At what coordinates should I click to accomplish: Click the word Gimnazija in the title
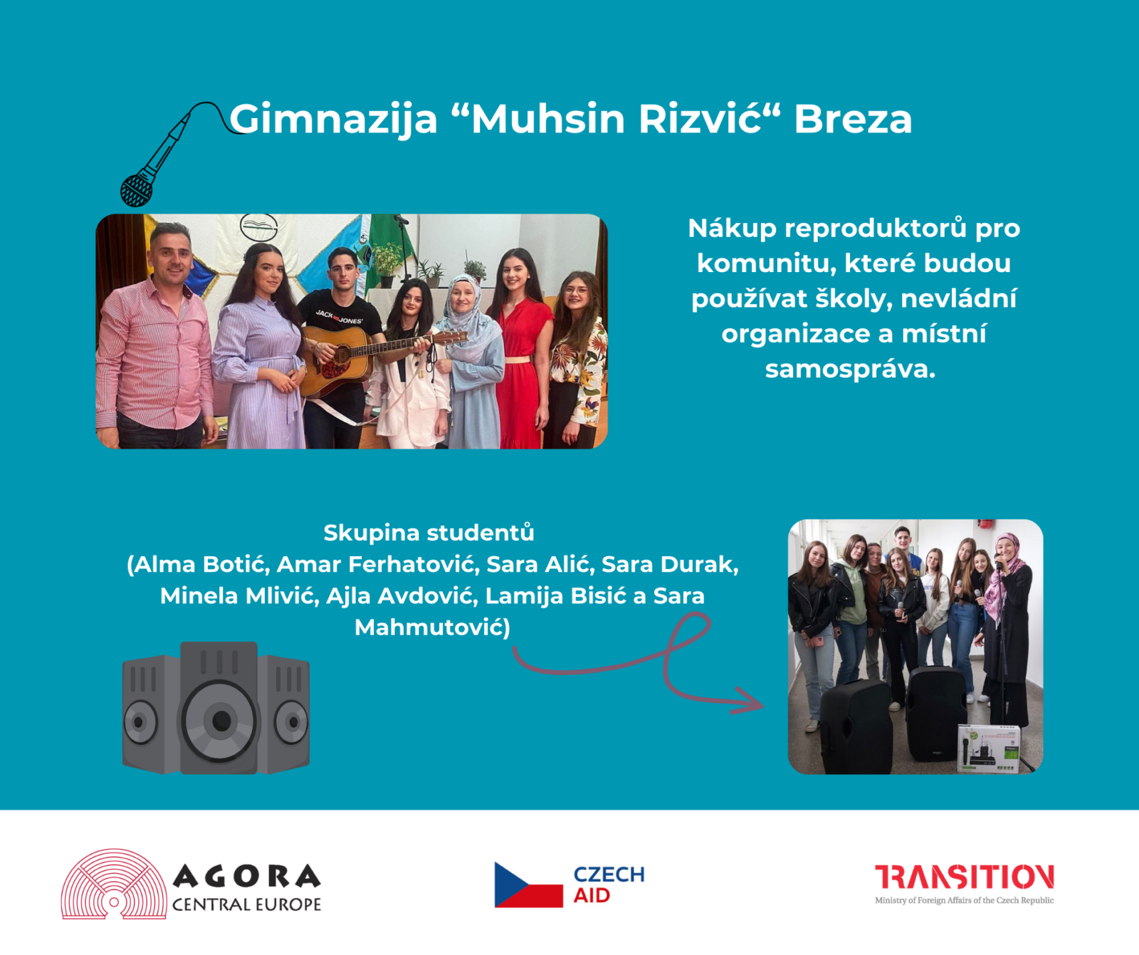333,119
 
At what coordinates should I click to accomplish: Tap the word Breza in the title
853,118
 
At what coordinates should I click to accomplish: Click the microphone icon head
136,189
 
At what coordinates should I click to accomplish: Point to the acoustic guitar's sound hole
342,354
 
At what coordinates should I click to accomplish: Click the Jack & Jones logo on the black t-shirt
339,317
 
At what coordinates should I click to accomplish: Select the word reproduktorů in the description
876,229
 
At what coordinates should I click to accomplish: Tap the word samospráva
850,369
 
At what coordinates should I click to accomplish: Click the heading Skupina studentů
429,533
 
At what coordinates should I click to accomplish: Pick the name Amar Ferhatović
377,564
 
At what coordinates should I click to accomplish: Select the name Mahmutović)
432,627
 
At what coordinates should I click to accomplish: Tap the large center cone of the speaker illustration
220,721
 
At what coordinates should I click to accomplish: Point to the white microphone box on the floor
990,748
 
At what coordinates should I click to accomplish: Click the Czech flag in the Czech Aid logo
528,884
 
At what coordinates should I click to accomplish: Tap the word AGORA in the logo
247,876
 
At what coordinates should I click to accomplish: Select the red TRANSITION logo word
965,877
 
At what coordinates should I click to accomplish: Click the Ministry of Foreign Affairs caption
965,900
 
